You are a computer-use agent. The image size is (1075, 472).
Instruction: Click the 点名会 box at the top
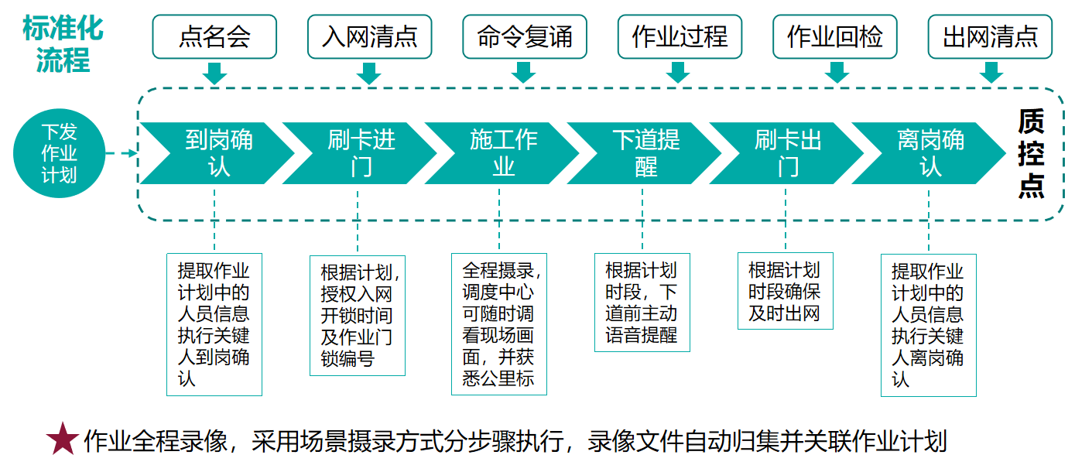coord(214,37)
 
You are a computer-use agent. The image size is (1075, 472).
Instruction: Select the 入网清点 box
coord(369,37)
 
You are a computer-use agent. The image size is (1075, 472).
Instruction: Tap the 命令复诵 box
coord(525,37)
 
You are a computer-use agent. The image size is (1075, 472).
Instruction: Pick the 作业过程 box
coord(680,37)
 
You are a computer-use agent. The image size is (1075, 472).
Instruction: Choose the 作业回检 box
coord(834,37)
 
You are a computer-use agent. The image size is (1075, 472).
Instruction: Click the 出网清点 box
coord(990,37)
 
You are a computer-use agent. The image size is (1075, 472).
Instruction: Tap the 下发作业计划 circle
coord(59,153)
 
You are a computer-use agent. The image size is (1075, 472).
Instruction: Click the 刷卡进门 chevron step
coord(360,153)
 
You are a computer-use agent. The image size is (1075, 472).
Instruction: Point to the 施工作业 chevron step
coord(502,153)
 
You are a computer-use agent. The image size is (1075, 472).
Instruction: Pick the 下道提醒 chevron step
coord(645,153)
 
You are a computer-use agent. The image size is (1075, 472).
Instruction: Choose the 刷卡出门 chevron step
coord(787,153)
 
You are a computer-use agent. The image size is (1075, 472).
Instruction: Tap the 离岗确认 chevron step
coord(929,153)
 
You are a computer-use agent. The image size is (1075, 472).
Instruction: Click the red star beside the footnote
coord(63,439)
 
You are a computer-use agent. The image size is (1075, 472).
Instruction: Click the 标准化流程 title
coord(63,44)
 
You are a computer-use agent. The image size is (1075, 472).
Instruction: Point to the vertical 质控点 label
coord(1031,153)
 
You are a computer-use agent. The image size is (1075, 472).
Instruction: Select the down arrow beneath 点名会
coord(214,73)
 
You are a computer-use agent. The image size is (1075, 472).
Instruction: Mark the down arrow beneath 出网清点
coord(991,73)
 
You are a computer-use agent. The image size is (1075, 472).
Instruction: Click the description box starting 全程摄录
coord(499,324)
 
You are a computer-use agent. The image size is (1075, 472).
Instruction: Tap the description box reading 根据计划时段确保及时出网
coord(785,291)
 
